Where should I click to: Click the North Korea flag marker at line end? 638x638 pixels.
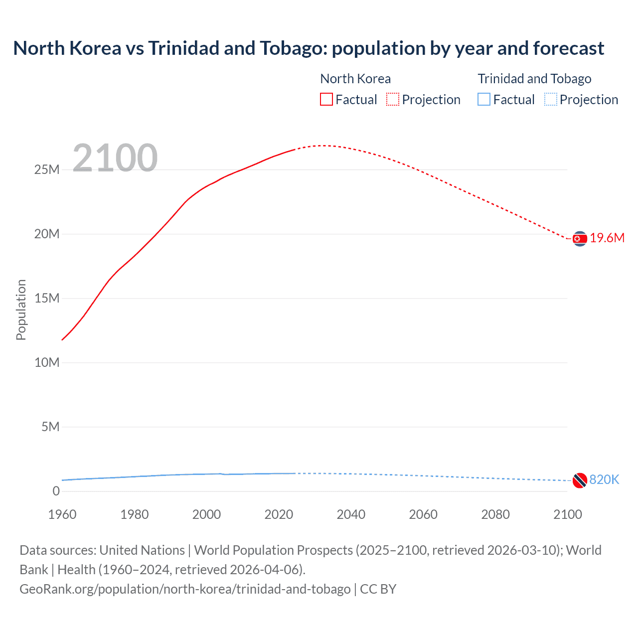tap(579, 239)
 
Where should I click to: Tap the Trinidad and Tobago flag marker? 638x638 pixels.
tap(579, 480)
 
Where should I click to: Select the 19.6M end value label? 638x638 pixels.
tap(607, 238)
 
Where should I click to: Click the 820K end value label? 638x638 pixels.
tap(604, 479)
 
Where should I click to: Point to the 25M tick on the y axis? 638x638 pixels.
tap(47, 170)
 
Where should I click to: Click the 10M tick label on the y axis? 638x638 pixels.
tap(47, 363)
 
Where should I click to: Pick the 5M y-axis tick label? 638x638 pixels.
tap(50, 427)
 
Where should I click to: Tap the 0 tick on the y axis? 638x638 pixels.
tap(56, 491)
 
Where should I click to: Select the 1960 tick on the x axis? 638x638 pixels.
tap(62, 514)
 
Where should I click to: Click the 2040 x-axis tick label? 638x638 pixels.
tap(351, 514)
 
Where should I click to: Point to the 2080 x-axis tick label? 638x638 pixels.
tap(495, 514)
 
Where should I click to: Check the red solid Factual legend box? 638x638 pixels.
tap(326, 100)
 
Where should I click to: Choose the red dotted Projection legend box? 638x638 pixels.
tap(393, 100)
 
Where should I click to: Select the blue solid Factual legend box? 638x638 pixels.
tap(484, 100)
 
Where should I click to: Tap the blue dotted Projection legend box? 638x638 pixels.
tap(551, 100)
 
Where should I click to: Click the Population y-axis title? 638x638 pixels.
tap(21, 310)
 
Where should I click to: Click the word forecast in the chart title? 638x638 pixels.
tap(568, 48)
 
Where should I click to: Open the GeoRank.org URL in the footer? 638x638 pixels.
tap(185, 589)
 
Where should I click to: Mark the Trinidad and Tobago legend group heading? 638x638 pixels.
tap(534, 79)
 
